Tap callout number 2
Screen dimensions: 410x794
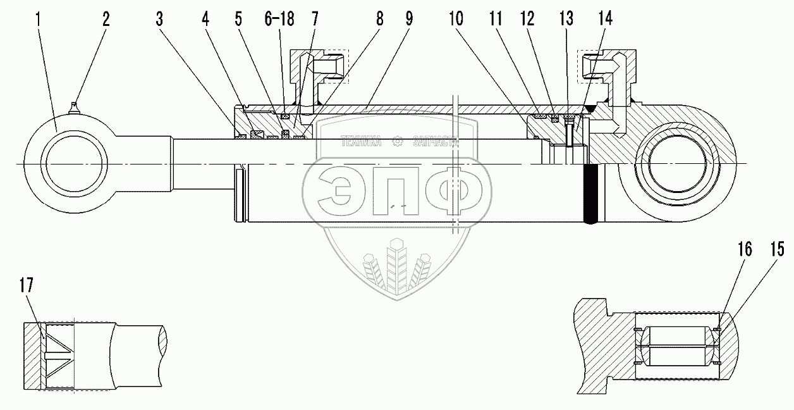[106, 18]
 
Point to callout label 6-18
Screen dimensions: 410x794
[278, 18]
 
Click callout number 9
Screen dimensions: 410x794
[409, 18]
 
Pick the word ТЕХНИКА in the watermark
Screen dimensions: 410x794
[361, 142]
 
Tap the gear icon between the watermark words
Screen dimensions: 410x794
[397, 142]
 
